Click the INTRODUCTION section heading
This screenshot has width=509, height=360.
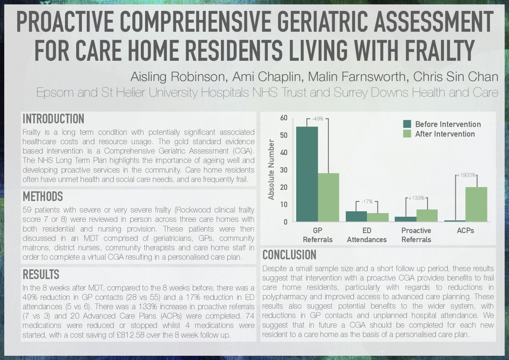[x=53, y=119]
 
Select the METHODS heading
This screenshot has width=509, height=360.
[x=43, y=196]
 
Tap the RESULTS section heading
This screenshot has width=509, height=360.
[x=41, y=274]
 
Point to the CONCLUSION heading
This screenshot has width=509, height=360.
[x=289, y=255]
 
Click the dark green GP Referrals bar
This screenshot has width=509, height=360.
[x=307, y=174]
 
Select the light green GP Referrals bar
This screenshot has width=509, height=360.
[x=328, y=197]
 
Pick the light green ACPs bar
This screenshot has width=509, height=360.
[x=476, y=204]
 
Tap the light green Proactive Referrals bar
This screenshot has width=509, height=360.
[x=427, y=216]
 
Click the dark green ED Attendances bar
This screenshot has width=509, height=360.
[x=356, y=216]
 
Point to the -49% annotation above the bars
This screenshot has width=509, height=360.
[x=318, y=119]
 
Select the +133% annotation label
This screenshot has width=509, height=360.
[x=416, y=198]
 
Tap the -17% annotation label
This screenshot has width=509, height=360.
[x=367, y=202]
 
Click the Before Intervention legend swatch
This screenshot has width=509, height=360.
[x=407, y=124]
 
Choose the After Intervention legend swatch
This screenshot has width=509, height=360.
[x=407, y=134]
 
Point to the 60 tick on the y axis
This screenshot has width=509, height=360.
[x=284, y=118]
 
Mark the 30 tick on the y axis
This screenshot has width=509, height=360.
[x=284, y=170]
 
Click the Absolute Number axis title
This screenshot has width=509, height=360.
[x=271, y=170]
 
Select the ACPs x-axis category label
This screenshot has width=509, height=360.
[x=465, y=230]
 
